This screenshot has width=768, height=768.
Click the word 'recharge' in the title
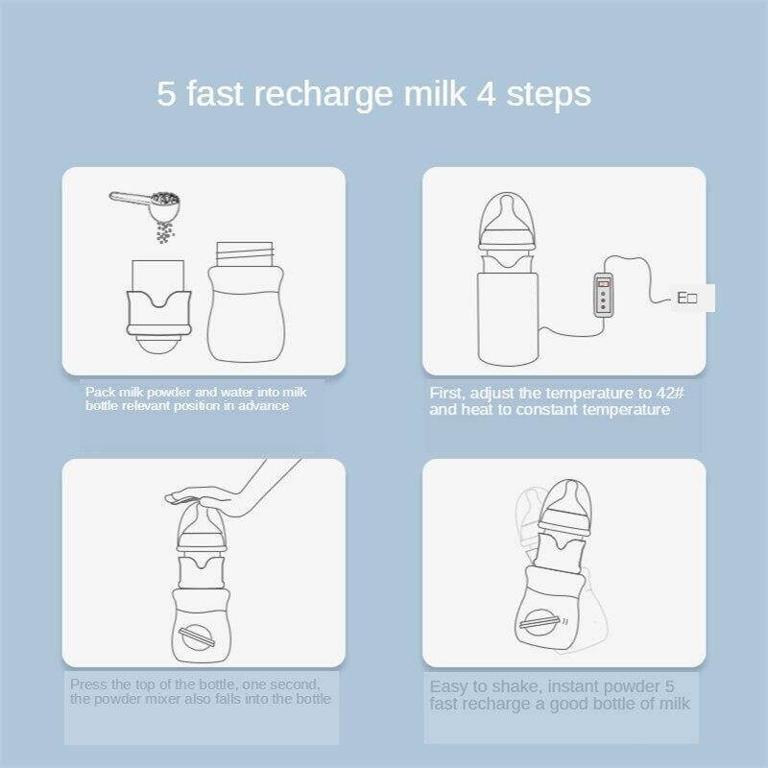[324, 95]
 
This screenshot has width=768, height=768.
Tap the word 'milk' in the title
[435, 93]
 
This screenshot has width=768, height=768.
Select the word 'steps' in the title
[548, 95]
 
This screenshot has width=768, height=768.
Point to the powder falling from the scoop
[165, 231]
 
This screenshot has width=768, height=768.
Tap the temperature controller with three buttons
[603, 295]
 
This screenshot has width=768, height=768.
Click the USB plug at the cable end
[687, 298]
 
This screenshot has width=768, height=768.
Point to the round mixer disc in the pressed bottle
[196, 636]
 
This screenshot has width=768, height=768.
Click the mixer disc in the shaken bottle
[540, 622]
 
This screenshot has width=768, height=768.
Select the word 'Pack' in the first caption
[100, 393]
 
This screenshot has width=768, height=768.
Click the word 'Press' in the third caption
[87, 684]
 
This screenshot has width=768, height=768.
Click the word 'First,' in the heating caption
[447, 394]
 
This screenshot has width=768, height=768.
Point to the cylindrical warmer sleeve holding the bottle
[509, 319]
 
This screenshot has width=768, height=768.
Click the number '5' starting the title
[166, 93]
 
